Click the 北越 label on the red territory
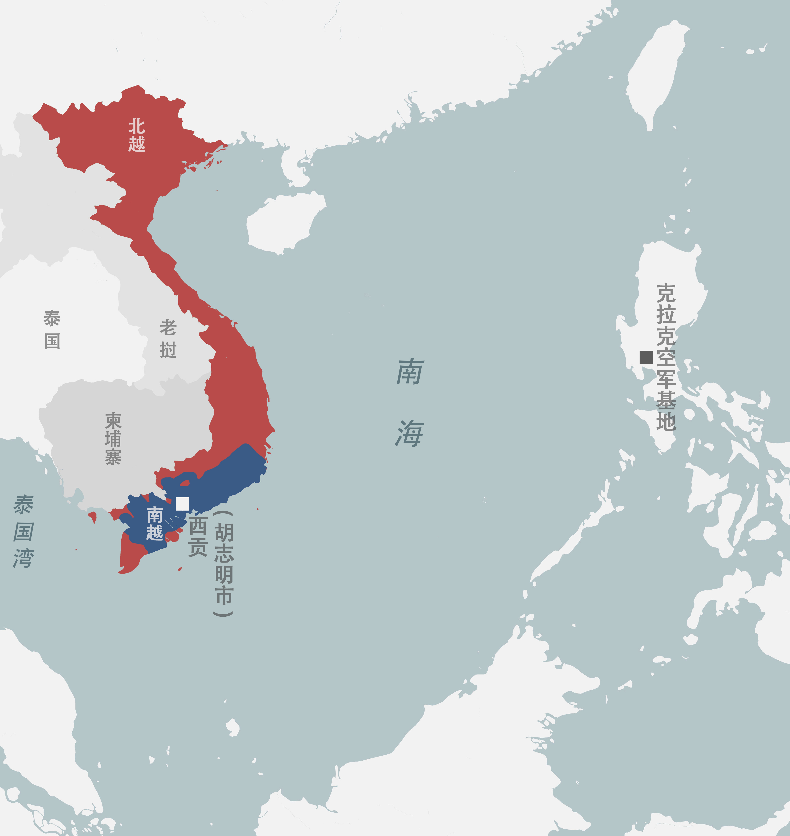click(137, 135)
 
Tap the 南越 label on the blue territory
click(155, 523)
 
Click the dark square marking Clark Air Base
click(646, 357)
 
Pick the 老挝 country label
click(168, 339)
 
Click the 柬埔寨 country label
click(113, 439)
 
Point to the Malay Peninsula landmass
click(42, 715)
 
